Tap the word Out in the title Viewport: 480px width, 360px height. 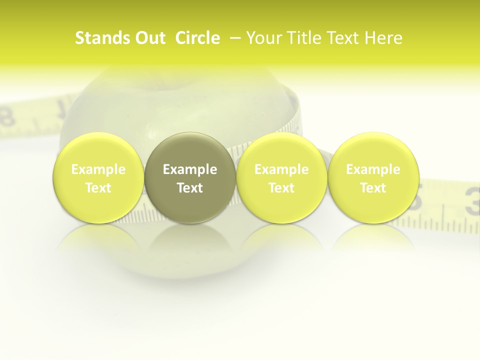tap(148, 38)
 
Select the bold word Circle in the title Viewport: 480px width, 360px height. tap(197, 38)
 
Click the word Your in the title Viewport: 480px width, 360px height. tap(261, 38)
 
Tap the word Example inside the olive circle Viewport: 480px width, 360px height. tap(190, 169)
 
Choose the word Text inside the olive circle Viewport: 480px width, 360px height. tap(190, 188)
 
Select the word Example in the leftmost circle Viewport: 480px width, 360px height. tap(98, 169)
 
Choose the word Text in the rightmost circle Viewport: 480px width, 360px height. tap(373, 188)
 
